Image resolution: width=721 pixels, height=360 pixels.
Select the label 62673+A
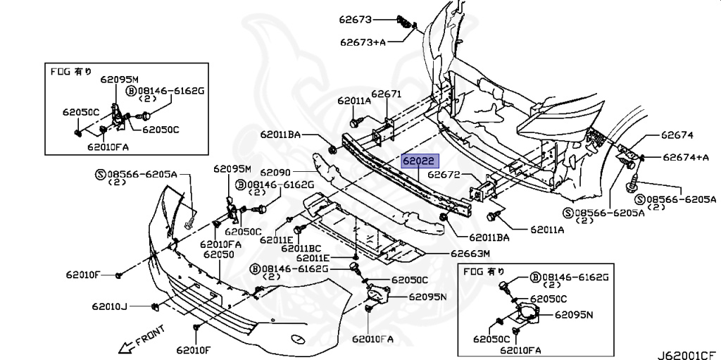pyautogui.click(x=363, y=42)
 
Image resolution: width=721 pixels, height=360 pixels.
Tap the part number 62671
pyautogui.click(x=386, y=94)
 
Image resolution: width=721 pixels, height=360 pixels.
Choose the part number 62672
pyautogui.click(x=444, y=173)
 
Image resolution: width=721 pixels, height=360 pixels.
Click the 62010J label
pyautogui.click(x=109, y=306)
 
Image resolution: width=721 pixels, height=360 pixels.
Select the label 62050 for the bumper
pyautogui.click(x=215, y=253)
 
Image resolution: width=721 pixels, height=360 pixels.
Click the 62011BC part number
pyautogui.click(x=301, y=247)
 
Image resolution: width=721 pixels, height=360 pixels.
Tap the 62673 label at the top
pyautogui.click(x=357, y=19)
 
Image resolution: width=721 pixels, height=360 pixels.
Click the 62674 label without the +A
pyautogui.click(x=677, y=135)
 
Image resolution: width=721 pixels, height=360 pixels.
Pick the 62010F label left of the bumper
pyautogui.click(x=84, y=273)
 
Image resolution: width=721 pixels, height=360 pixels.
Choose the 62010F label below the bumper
pyautogui.click(x=194, y=349)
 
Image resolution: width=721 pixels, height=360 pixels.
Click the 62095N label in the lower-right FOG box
pyautogui.click(x=574, y=315)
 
